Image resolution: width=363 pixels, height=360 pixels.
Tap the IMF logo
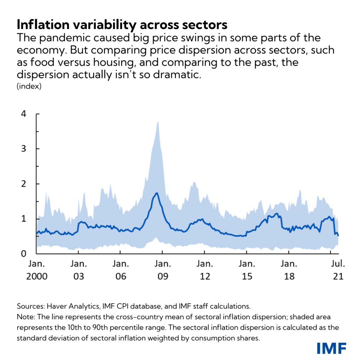pos(331,348)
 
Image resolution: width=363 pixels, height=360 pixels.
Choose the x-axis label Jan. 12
pos(205,270)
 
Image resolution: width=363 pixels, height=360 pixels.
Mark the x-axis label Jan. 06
pos(121,270)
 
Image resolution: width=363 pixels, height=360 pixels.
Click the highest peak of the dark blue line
pos(157,193)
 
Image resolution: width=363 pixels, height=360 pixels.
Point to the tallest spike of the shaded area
pos(157,122)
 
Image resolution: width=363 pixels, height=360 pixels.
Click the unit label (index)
pos(29,86)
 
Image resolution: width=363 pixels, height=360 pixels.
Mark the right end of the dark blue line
pos(338,235)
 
